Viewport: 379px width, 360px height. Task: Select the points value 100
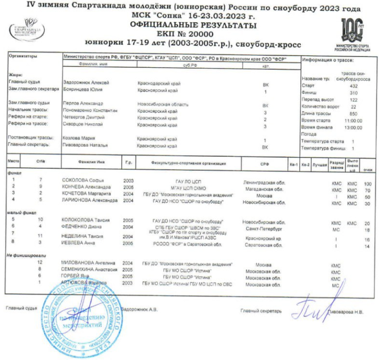click(x=367, y=184)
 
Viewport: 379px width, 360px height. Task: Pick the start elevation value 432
click(x=353, y=86)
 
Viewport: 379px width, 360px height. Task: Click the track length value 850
click(x=353, y=114)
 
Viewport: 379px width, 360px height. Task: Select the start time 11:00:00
click(x=353, y=121)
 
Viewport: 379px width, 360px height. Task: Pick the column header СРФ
click(x=265, y=163)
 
